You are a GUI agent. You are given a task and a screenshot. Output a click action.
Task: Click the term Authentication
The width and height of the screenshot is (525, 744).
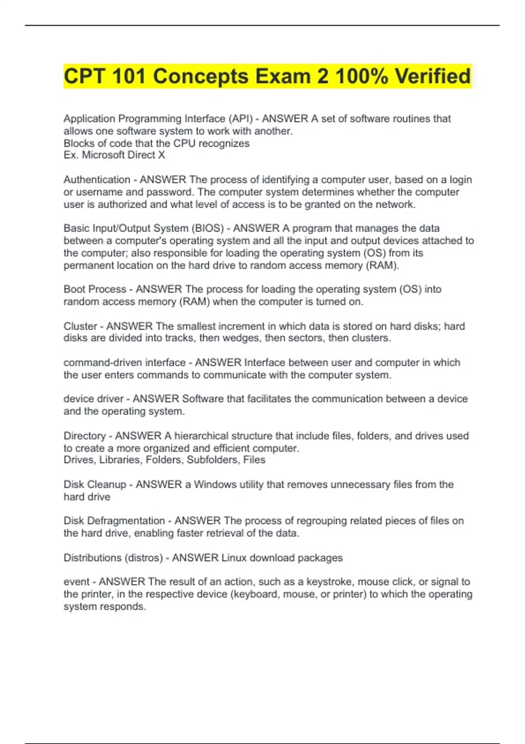coord(97,179)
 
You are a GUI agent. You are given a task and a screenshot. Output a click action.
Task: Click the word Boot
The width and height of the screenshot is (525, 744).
coord(74,289)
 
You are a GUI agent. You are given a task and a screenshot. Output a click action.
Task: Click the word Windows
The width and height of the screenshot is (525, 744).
coord(214,484)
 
